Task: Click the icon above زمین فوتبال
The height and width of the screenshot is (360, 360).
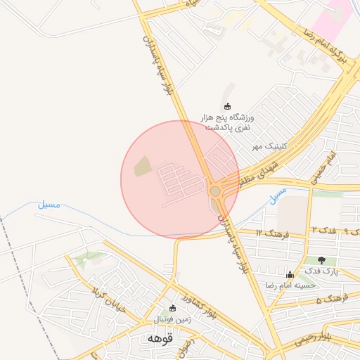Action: (x=173, y=307)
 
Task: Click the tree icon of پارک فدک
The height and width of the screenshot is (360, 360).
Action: (x=321, y=260)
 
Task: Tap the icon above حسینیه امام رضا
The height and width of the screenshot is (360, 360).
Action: (x=289, y=274)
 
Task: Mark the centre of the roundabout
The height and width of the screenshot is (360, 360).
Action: (x=215, y=190)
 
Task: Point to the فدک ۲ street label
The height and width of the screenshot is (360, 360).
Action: (x=323, y=231)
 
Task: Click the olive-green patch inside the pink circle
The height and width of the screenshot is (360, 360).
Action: (x=142, y=167)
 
